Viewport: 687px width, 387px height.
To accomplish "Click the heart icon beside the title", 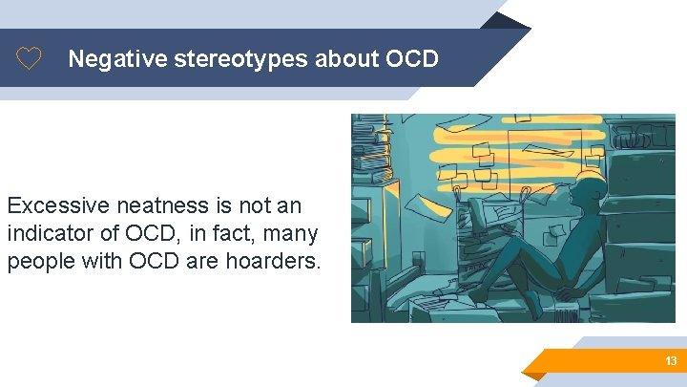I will (30, 59).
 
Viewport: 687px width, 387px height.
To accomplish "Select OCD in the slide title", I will (411, 59).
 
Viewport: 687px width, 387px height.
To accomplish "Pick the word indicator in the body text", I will (50, 233).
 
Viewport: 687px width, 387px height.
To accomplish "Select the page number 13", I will (671, 361).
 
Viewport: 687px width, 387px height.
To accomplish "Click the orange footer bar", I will (611, 361).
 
